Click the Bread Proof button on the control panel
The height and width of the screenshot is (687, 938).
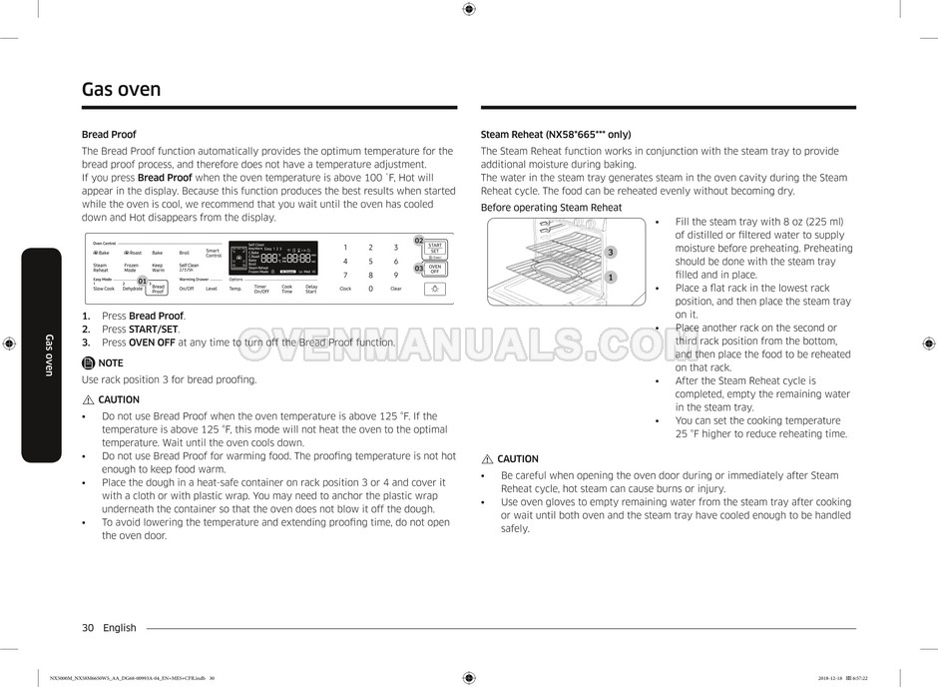[x=158, y=289]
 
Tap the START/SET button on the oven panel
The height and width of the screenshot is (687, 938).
[x=435, y=248]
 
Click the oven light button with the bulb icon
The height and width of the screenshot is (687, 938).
[x=435, y=289]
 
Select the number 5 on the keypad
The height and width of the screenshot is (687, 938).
[x=370, y=261]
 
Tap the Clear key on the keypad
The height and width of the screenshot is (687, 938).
[x=396, y=289]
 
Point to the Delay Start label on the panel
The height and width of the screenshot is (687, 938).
[x=311, y=289]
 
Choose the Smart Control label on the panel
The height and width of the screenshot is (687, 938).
[x=214, y=254]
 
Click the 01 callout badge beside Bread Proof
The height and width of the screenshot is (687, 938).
[x=142, y=282]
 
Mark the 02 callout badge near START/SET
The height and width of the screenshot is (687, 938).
[x=419, y=240]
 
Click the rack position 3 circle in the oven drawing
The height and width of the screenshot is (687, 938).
[x=611, y=252]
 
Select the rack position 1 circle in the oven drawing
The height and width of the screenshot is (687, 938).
[x=611, y=278]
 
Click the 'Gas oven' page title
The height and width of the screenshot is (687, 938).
[x=121, y=90]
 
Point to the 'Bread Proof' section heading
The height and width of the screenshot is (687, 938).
[x=109, y=134]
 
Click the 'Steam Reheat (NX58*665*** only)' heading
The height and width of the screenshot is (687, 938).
[x=556, y=134]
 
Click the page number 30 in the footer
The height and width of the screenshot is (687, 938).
[x=88, y=628]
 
